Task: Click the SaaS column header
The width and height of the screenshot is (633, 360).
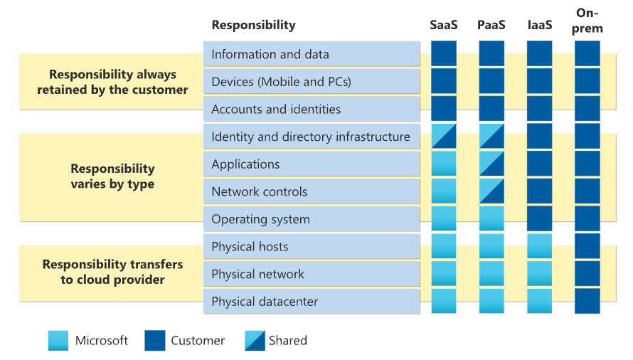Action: pyautogui.click(x=444, y=25)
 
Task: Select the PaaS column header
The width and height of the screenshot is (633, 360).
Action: pyautogui.click(x=491, y=25)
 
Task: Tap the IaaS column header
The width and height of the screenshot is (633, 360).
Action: pyautogui.click(x=540, y=25)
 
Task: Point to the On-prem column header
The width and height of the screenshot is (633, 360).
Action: pyautogui.click(x=587, y=21)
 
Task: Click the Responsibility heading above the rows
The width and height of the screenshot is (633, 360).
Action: pyautogui.click(x=253, y=25)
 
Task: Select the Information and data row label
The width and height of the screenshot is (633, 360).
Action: pyautogui.click(x=270, y=54)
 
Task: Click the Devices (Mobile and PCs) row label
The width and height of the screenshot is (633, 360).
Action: pyautogui.click(x=282, y=82)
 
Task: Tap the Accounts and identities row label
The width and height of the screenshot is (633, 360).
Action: pyautogui.click(x=276, y=109)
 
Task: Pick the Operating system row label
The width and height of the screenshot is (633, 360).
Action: pyautogui.click(x=261, y=219)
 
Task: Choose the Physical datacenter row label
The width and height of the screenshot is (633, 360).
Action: pyautogui.click(x=265, y=302)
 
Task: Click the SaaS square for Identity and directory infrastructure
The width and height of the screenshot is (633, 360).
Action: pyautogui.click(x=444, y=136)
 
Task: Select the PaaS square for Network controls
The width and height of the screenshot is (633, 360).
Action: pyautogui.click(x=491, y=191)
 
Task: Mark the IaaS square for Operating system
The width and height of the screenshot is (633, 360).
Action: pyautogui.click(x=539, y=218)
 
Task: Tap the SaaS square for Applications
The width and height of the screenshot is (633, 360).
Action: pyautogui.click(x=444, y=164)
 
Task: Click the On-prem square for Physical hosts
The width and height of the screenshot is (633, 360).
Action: pyautogui.click(x=587, y=246)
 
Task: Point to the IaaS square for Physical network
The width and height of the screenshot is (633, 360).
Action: pyautogui.click(x=539, y=273)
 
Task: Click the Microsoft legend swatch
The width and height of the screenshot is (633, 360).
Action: pyautogui.click(x=58, y=341)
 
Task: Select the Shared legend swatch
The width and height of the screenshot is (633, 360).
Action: pyautogui.click(x=255, y=341)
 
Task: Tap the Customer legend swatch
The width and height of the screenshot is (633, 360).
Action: pyautogui.click(x=155, y=341)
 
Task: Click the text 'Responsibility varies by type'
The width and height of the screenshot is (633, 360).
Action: pyautogui.click(x=112, y=176)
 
